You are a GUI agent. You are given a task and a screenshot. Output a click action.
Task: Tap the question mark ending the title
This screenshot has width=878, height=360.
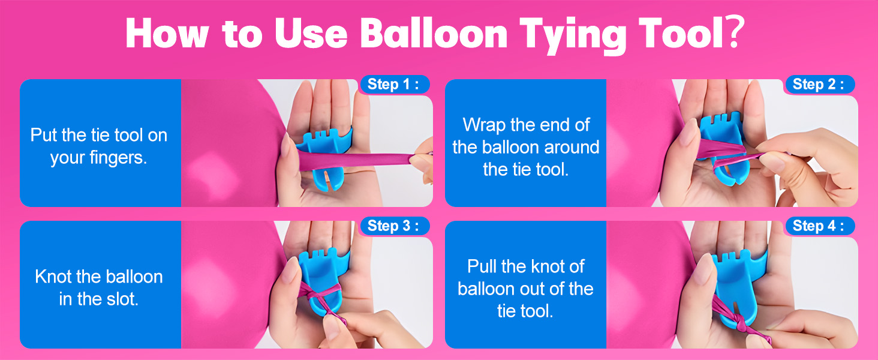coord(736,35)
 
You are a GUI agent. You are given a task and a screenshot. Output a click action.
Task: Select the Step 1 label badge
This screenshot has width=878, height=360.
coord(394,85)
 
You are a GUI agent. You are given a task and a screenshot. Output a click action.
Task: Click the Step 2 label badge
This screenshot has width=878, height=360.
coord(819,85)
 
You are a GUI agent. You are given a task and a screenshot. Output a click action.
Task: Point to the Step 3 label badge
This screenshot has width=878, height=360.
coord(394,226)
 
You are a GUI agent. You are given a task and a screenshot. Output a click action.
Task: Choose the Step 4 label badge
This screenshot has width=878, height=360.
coord(819,226)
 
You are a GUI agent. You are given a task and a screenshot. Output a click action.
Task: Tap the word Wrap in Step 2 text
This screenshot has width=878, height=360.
coord(483,125)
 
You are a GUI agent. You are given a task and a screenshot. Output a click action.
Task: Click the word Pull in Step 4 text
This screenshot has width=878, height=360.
coord(483,266)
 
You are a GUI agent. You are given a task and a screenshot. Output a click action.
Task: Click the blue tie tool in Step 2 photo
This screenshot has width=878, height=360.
coord(729,138)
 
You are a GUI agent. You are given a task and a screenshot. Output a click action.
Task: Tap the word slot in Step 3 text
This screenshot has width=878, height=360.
coord(124,299)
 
